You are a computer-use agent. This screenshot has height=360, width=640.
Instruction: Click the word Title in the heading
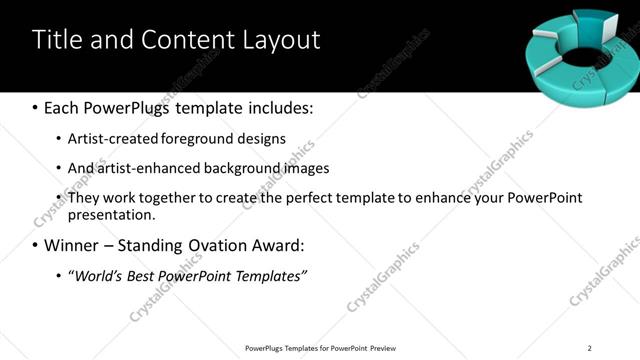click(x=58, y=40)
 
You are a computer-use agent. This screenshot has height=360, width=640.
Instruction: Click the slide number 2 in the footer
click(x=589, y=348)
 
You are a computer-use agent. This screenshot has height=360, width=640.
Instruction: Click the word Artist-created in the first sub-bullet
click(x=110, y=138)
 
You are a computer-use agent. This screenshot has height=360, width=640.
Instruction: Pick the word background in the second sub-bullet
click(x=210, y=168)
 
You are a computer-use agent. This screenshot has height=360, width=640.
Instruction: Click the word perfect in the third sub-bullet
click(x=298, y=198)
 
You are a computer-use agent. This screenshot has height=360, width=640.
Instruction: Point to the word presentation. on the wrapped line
click(x=112, y=214)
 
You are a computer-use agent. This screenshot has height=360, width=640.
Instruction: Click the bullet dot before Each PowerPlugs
click(x=35, y=108)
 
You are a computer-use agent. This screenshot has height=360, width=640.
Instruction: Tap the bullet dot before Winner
click(x=35, y=245)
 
